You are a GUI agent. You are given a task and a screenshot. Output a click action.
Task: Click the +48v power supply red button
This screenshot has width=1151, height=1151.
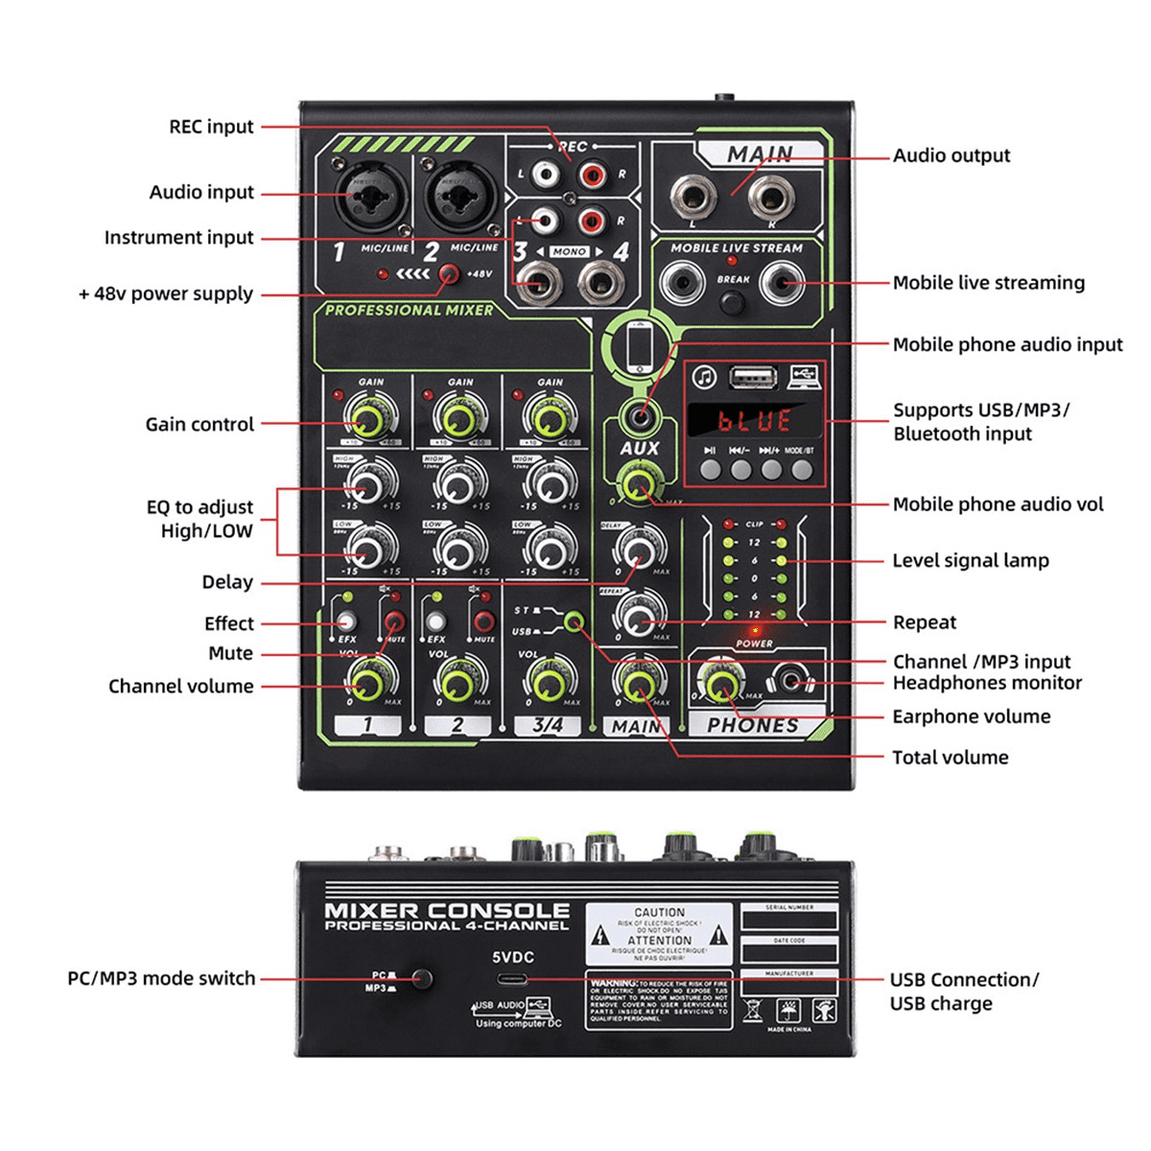click(x=448, y=274)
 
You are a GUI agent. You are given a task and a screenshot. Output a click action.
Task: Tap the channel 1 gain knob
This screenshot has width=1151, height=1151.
click(x=368, y=419)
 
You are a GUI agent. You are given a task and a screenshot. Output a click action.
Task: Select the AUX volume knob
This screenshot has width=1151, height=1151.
click(x=638, y=484)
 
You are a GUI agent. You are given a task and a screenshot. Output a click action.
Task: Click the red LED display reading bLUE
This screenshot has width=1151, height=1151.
click(x=755, y=420)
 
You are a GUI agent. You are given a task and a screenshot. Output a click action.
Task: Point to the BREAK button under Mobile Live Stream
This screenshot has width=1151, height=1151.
click(x=733, y=303)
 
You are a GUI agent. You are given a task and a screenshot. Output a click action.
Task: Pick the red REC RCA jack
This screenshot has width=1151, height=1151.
click(x=592, y=175)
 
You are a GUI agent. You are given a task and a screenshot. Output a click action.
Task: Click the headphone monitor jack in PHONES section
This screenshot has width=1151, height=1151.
click(x=791, y=681)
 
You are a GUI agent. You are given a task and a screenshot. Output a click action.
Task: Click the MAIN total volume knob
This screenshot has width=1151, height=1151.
click(x=638, y=684)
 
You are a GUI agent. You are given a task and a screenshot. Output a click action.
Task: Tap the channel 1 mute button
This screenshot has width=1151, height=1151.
click(x=393, y=622)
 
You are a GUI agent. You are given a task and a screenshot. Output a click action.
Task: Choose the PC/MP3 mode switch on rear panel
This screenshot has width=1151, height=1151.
click(x=421, y=979)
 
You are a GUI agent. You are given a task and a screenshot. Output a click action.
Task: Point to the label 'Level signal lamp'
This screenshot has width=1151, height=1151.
click(x=971, y=560)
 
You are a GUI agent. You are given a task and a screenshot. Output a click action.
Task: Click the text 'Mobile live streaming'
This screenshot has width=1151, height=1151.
click(x=988, y=283)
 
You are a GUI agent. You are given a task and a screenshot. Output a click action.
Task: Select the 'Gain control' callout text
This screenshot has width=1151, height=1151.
click(x=200, y=424)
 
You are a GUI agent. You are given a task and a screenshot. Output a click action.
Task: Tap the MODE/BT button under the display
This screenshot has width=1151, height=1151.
click(x=801, y=470)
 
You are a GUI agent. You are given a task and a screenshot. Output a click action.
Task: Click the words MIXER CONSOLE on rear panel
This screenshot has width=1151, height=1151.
click(x=447, y=910)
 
